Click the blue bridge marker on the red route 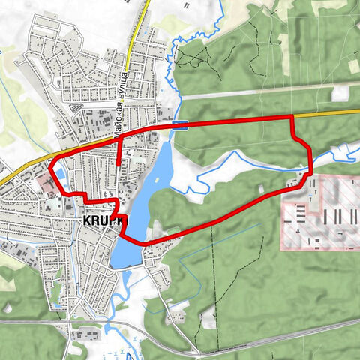pyautogui.click(x=179, y=124)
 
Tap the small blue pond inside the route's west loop pyautogui.click(x=58, y=177)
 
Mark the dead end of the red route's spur pyautogui.click(x=118, y=162)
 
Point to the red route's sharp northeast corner pyautogui.click(x=292, y=118)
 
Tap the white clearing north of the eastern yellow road pyautogui.click(x=342, y=91)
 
